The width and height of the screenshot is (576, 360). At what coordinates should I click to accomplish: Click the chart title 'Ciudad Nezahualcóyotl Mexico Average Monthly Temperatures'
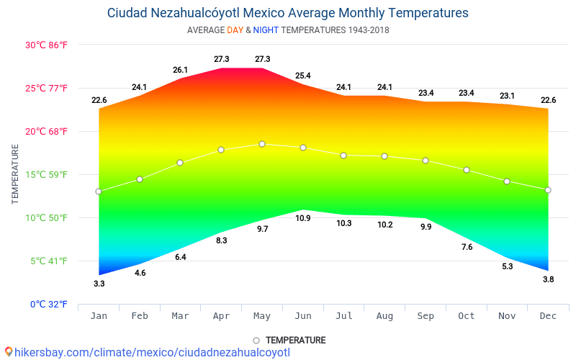pyautogui.click(x=288, y=13)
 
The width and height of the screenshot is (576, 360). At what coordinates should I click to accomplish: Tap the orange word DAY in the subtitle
pyautogui.click(x=235, y=30)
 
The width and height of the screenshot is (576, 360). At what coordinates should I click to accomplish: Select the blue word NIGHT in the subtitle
pyautogui.click(x=266, y=30)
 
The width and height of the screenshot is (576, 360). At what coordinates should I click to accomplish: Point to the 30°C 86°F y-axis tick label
pyautogui.click(x=46, y=45)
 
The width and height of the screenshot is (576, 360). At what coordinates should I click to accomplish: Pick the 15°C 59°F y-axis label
pyautogui.click(x=46, y=174)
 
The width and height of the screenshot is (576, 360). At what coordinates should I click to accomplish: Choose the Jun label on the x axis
pyautogui.click(x=303, y=316)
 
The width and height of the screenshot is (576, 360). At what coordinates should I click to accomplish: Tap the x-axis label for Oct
pyautogui.click(x=467, y=316)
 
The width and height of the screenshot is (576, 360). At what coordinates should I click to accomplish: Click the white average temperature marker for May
pyautogui.click(x=262, y=144)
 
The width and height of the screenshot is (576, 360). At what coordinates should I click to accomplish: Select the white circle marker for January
pyautogui.click(x=99, y=192)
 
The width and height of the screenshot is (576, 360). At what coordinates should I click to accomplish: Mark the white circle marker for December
pyautogui.click(x=548, y=190)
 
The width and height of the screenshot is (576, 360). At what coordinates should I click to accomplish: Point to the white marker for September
pyautogui.click(x=426, y=161)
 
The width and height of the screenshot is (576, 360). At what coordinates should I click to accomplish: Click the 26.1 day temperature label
pyautogui.click(x=180, y=70)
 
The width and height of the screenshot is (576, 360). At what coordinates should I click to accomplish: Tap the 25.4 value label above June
pyautogui.click(x=303, y=75)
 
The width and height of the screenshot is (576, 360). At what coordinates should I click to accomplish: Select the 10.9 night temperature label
pyautogui.click(x=303, y=218)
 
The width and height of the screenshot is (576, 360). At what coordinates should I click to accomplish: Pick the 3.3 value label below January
pyautogui.click(x=99, y=284)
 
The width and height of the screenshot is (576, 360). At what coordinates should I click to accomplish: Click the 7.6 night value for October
pyautogui.click(x=467, y=247)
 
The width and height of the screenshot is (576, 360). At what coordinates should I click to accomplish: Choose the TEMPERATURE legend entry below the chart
pyautogui.click(x=289, y=340)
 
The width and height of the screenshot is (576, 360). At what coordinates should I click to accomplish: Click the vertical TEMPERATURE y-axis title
pyautogui.click(x=15, y=174)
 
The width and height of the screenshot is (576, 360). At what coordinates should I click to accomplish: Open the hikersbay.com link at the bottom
pyautogui.click(x=148, y=352)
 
